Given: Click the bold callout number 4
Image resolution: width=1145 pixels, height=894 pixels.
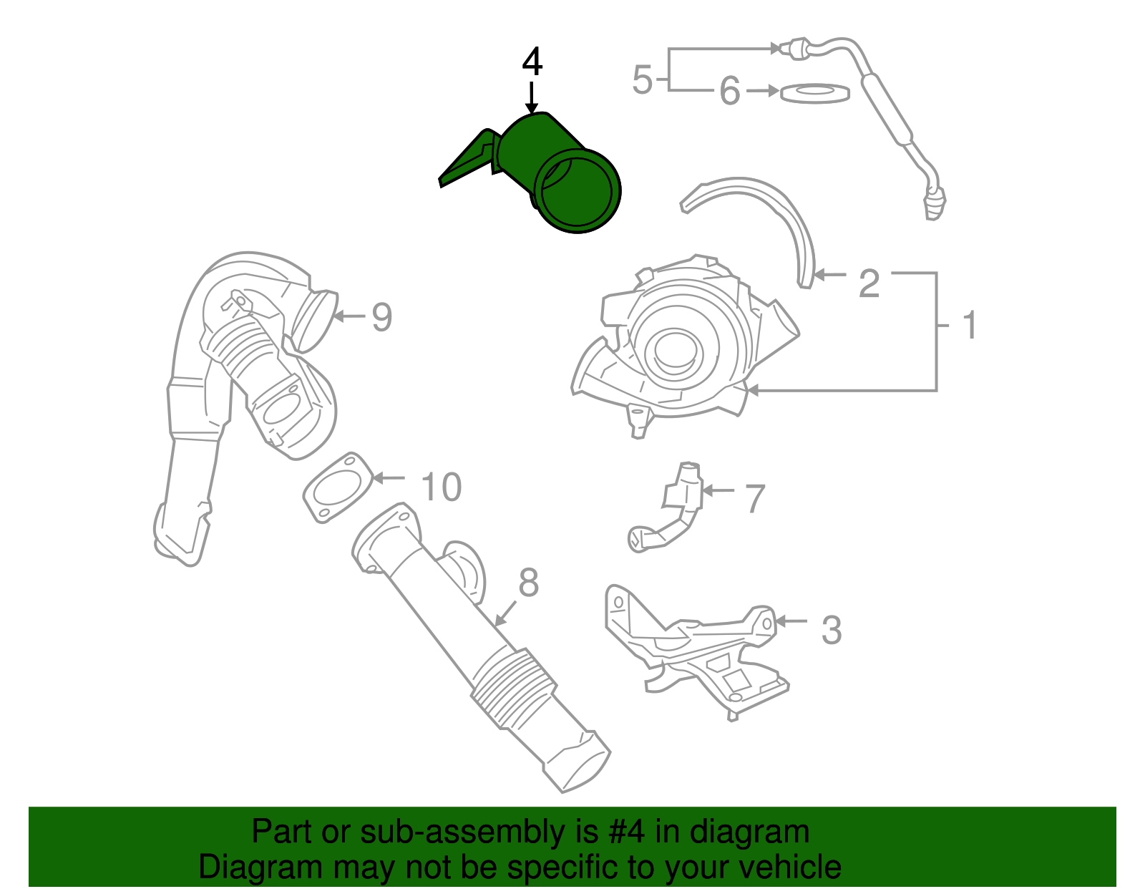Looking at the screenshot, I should pyautogui.click(x=532, y=63).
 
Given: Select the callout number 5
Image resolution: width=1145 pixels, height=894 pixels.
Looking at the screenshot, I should pyautogui.click(x=642, y=79).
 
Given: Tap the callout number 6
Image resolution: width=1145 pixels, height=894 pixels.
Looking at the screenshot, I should pyautogui.click(x=729, y=92).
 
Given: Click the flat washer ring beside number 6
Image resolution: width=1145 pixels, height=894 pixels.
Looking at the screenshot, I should pyautogui.click(x=814, y=93).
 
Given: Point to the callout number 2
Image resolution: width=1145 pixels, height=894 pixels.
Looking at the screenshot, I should pyautogui.click(x=869, y=283).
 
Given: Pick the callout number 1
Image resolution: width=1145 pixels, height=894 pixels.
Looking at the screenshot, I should pyautogui.click(x=970, y=326).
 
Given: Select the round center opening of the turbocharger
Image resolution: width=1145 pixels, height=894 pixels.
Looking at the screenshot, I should pyautogui.click(x=674, y=349).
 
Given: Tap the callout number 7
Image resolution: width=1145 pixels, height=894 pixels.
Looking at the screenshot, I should pyautogui.click(x=755, y=499).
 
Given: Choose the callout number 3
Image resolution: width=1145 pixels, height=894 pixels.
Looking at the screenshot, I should pyautogui.click(x=831, y=631).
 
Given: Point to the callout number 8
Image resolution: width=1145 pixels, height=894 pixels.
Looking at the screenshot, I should pyautogui.click(x=528, y=583).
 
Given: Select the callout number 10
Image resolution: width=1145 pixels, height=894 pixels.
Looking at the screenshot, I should pyautogui.click(x=441, y=487).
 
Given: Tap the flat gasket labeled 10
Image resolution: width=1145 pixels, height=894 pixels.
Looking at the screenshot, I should pyautogui.click(x=337, y=488).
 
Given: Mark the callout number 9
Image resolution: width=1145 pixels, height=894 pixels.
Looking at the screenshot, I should pyautogui.click(x=381, y=317).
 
